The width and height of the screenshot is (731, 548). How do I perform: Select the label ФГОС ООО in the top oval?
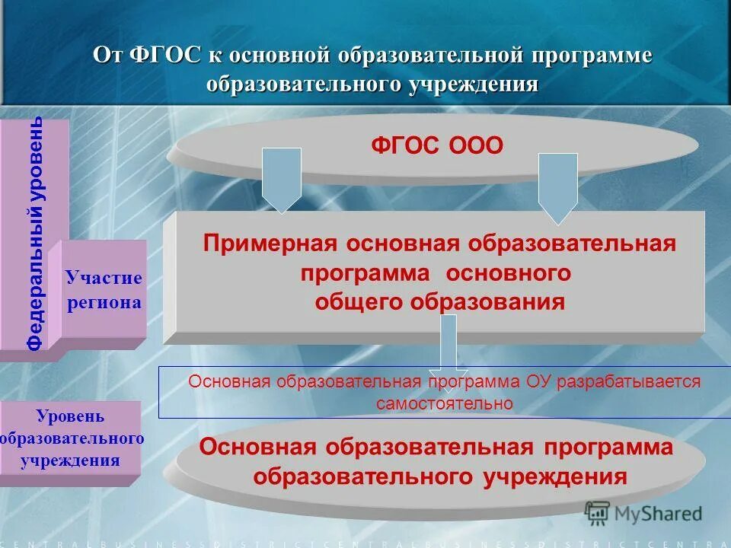437,145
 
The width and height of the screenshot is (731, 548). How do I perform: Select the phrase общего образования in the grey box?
439,301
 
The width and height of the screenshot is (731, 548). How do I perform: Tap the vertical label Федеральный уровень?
36,234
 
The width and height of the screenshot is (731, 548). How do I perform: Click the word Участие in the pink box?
104,278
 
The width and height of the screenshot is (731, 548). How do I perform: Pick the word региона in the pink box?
104,302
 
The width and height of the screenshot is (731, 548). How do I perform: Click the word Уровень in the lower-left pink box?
70,417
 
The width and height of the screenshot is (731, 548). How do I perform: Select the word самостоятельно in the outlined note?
444,403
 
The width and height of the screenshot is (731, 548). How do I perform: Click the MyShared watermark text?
659,514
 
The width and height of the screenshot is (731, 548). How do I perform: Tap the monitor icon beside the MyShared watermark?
597,514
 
